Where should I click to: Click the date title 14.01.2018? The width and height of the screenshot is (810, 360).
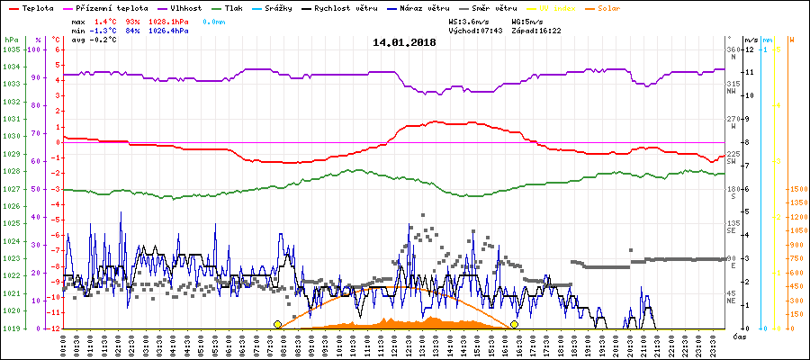404,42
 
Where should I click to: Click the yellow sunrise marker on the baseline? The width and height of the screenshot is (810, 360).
277,324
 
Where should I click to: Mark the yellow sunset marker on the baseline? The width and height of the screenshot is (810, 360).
514,324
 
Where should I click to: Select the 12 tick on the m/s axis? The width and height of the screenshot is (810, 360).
749,49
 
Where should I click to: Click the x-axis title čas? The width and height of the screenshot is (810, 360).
738,335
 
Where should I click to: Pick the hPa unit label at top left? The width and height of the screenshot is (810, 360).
10,40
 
